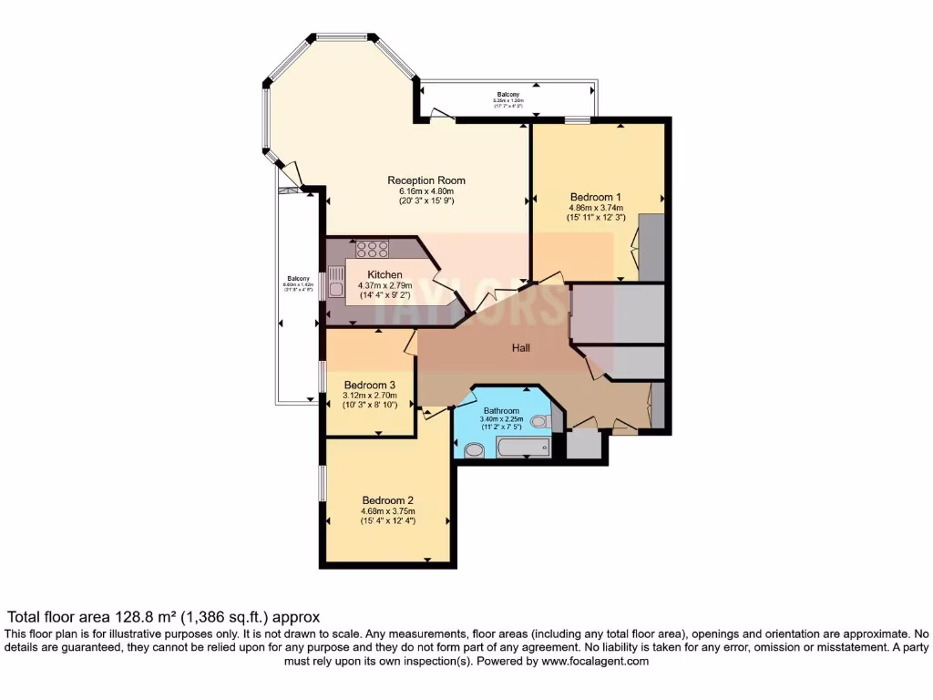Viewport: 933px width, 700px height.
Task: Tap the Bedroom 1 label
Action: tap(595, 197)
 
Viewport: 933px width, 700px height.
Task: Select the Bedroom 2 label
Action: tap(388, 500)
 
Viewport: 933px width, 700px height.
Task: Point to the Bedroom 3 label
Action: tap(369, 385)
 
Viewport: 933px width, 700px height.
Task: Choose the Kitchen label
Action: tap(384, 274)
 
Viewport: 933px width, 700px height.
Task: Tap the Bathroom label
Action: tap(501, 411)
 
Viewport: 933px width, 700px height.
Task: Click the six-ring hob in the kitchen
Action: tap(372, 247)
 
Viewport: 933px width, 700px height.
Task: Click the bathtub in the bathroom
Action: tap(523, 447)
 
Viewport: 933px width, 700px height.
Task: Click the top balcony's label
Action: tap(508, 95)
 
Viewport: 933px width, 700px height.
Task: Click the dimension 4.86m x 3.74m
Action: tap(595, 208)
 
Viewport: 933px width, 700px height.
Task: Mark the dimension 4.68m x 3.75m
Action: tap(388, 511)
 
